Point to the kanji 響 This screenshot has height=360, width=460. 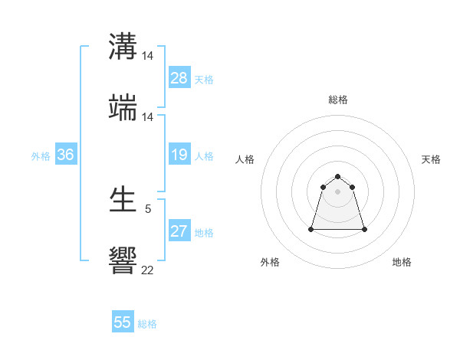click(123, 260)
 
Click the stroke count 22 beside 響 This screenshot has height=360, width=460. click(147, 270)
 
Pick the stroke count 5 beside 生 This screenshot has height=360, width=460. click(147, 208)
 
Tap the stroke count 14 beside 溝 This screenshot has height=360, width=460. click(147, 57)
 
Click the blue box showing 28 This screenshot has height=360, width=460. click(179, 78)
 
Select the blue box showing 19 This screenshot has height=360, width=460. click(179, 155)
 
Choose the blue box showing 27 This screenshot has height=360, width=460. click(179, 231)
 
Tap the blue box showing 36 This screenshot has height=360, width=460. click(66, 155)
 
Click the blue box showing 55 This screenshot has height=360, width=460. click(123, 322)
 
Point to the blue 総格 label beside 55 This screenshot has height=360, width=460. click(147, 324)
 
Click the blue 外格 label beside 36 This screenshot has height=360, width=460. click(41, 156)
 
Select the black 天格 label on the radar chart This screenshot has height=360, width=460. click(431, 159)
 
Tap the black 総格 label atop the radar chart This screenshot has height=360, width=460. click(337, 100)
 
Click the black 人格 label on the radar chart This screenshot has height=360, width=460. click(245, 159)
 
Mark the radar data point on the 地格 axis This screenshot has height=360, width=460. click(364, 229)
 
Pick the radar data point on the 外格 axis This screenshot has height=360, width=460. click(312, 229)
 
